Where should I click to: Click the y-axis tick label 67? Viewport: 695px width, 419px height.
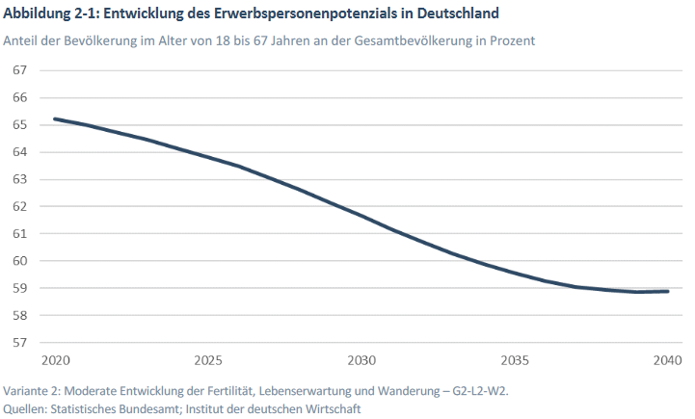(x=20, y=70)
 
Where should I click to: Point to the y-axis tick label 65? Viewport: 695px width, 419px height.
(x=20, y=125)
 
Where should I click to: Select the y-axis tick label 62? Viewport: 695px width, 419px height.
(x=20, y=206)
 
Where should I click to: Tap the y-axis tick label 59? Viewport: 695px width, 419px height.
(x=20, y=288)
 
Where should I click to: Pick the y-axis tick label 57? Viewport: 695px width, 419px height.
(x=20, y=342)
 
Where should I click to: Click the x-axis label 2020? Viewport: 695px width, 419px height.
(x=55, y=360)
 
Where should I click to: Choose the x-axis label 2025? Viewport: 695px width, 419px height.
(x=208, y=360)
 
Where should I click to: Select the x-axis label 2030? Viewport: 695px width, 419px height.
(x=361, y=360)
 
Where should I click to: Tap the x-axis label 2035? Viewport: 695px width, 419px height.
(x=515, y=360)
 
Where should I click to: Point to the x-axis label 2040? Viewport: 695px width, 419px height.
(x=668, y=360)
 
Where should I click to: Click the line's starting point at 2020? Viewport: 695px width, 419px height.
(x=55, y=119)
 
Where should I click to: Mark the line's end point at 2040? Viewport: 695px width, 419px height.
(x=668, y=291)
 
